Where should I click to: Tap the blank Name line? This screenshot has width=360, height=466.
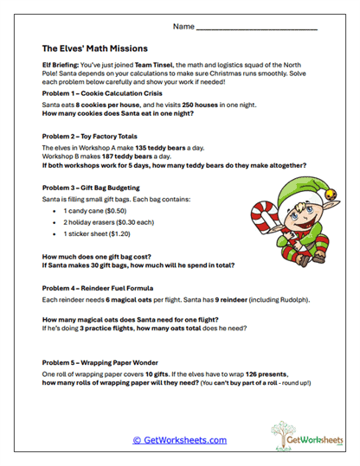point(257,29)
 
